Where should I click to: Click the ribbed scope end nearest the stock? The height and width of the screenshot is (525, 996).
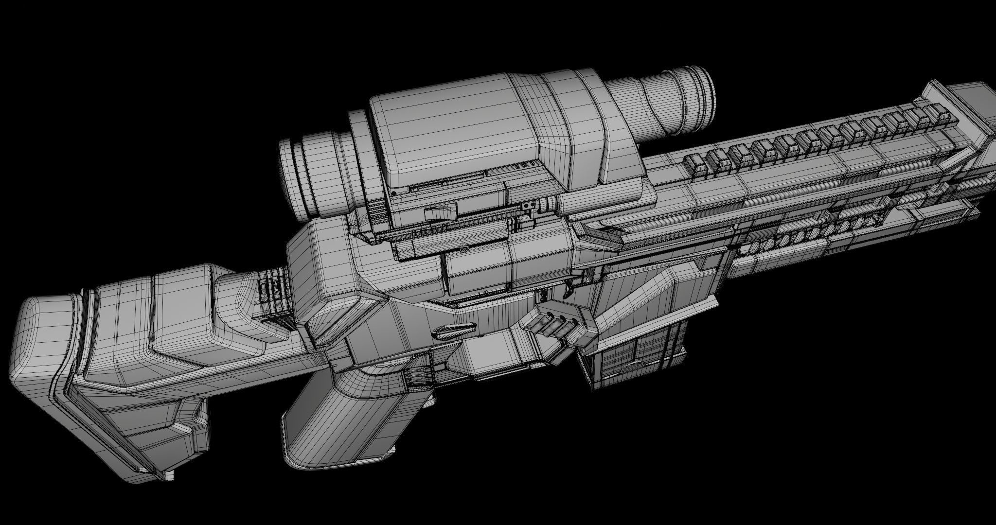[x=311, y=175]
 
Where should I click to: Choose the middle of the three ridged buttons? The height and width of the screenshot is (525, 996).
[x=554, y=327]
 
